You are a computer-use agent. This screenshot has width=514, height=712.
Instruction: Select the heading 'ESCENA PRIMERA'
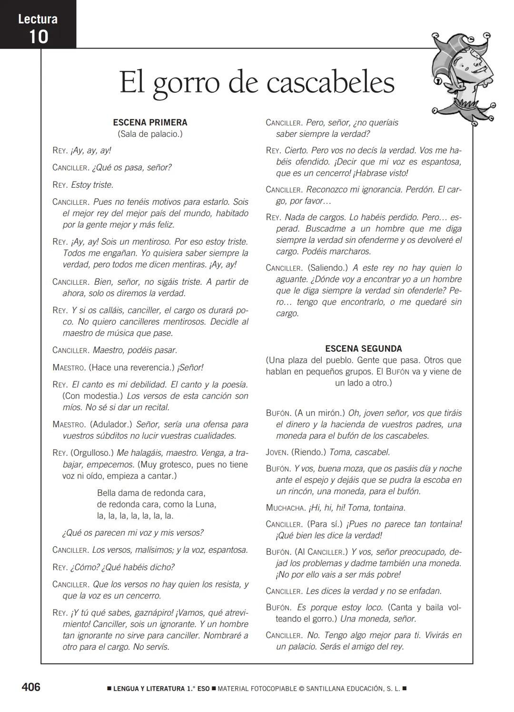point(150,123)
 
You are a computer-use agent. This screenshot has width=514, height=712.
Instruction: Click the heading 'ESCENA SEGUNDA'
point(364,349)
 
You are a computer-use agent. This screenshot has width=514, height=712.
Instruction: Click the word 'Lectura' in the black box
point(38,19)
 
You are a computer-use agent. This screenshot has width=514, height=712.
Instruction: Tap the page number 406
point(31,687)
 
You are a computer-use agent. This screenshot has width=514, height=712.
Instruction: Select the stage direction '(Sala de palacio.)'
point(150,134)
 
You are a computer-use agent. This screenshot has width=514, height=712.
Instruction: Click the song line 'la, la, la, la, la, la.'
point(135,516)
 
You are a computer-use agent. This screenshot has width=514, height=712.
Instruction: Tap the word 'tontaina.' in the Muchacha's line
point(389,508)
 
